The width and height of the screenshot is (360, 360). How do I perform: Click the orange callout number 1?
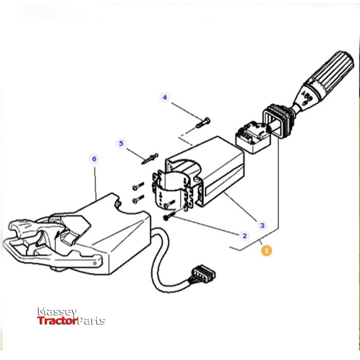tap(266, 250)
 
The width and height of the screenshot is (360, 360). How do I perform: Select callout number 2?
tap(244, 236)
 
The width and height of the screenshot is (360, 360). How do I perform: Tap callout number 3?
tap(262, 225)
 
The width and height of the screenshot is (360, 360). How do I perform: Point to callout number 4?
tap(165, 97)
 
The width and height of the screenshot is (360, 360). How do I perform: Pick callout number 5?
tap(121, 143)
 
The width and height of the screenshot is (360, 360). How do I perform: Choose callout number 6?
tap(94, 159)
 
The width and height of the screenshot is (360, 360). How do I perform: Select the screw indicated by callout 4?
tap(203, 123)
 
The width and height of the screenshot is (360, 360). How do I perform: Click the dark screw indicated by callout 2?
tap(168, 218)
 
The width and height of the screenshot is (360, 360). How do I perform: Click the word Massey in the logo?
tap(57, 312)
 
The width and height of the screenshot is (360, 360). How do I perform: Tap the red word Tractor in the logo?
tap(57, 321)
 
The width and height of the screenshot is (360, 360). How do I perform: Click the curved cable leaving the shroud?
tap(159, 262)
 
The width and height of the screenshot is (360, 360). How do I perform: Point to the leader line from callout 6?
tap(96, 180)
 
